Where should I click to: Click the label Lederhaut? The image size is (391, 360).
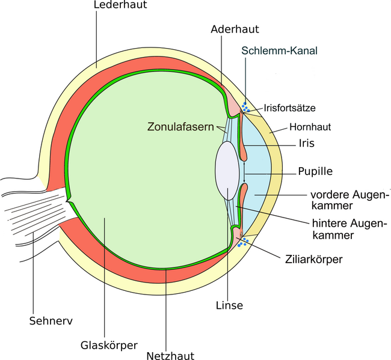pyautogui.click(x=121, y=5)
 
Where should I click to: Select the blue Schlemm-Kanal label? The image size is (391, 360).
pyautogui.click(x=279, y=51)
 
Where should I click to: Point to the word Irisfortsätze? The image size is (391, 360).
pyautogui.click(x=289, y=108)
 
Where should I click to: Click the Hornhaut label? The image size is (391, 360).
pyautogui.click(x=310, y=127)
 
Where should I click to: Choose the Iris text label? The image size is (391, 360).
pyautogui.click(x=307, y=144)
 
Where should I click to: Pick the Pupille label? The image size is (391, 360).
pyautogui.click(x=315, y=172)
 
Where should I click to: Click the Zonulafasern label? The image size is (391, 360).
pyautogui.click(x=179, y=127)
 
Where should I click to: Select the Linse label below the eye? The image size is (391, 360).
pyautogui.click(x=229, y=305)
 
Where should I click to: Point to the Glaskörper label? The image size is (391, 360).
pyautogui.click(x=109, y=346)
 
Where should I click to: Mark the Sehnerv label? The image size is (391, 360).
pyautogui.click(x=51, y=320)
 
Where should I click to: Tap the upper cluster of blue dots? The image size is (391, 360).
pyautogui.click(x=245, y=108)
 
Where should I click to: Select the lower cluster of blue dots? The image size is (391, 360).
pyautogui.click(x=242, y=242)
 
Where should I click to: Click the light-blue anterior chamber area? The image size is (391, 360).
pyautogui.click(x=262, y=174)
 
